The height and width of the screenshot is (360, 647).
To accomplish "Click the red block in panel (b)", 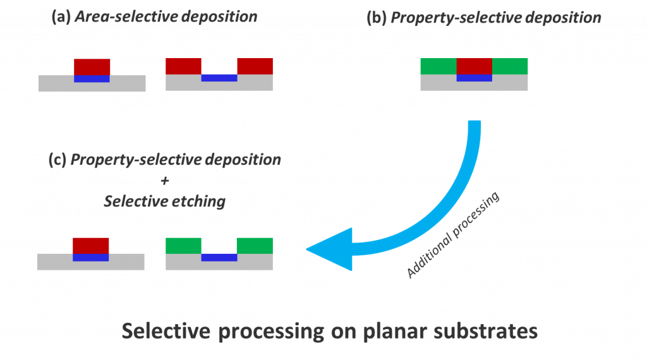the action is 474,66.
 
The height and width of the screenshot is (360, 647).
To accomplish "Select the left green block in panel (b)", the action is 438,66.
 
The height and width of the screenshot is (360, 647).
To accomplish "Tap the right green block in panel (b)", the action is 510,66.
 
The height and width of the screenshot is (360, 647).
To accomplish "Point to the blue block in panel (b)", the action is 474,78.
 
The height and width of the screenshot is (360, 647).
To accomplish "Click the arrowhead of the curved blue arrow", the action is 330,249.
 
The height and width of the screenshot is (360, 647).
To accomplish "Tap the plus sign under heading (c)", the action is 165,181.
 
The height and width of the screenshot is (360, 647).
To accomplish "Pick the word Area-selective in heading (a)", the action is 126,16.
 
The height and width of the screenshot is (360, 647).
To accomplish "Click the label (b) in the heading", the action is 377,18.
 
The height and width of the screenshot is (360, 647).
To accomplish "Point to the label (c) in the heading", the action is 57,160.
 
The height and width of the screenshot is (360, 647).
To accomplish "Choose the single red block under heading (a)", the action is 92,67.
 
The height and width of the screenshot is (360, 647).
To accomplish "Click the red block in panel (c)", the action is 91,246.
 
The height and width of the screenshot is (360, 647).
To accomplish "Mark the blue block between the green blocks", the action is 219,257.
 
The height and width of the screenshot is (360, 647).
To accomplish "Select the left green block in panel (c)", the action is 183,246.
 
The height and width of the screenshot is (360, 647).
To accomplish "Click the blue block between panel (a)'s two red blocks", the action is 219,78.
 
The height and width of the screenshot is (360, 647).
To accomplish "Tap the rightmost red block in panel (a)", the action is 255,66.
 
